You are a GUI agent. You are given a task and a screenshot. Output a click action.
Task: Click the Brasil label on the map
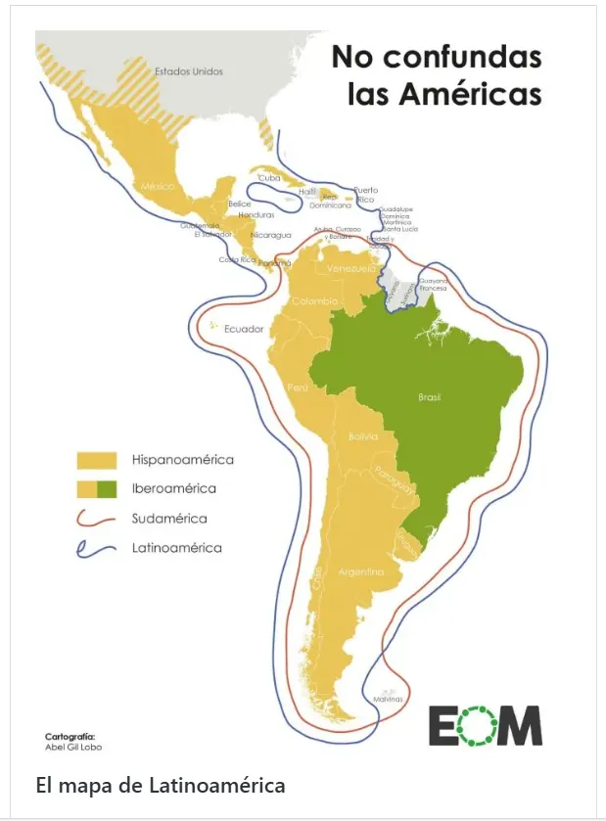[429, 397]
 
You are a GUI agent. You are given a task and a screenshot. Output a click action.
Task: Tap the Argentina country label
[360, 570]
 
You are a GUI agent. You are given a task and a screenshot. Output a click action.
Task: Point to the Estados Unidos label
[189, 71]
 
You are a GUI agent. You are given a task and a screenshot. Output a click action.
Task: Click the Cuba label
[269, 178]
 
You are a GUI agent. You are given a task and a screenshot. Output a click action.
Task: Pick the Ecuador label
[244, 329]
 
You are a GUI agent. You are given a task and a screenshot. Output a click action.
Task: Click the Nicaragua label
[271, 235]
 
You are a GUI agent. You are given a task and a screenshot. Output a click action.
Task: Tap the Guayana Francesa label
[433, 285]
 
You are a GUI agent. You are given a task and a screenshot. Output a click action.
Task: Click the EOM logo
[485, 725]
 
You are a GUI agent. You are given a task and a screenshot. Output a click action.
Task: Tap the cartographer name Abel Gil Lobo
[73, 747]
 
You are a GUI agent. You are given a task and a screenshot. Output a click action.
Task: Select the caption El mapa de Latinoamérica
[160, 785]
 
